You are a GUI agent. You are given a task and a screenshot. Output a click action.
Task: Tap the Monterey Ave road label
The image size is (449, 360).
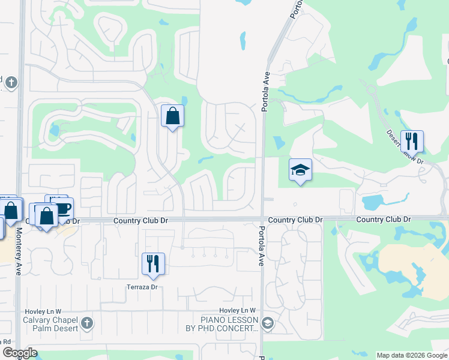click(19, 251)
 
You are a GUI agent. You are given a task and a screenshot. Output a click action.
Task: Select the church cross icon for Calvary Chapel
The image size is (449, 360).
click(88, 324)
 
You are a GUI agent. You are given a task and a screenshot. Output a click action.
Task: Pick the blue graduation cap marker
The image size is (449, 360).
click(300, 170)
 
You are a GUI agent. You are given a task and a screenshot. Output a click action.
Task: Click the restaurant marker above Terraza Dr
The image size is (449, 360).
click(153, 263)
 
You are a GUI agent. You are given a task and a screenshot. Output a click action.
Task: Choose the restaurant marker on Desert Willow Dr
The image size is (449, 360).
click(412, 142)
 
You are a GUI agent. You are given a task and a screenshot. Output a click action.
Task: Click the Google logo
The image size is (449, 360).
click(20, 353)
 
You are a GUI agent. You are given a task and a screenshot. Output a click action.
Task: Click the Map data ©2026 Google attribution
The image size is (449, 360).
click(412, 355)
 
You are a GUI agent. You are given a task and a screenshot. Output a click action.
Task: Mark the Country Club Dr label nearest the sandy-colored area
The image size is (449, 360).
click(383, 220)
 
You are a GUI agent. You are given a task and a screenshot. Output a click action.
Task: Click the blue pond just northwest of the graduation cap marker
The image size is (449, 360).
click(279, 143)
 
